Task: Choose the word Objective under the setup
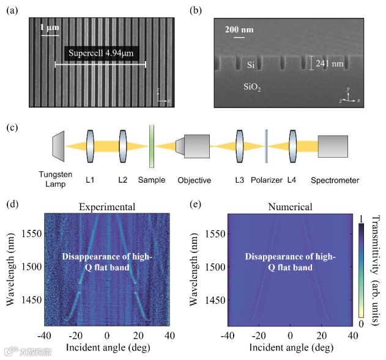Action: coord(194,180)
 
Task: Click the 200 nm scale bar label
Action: coord(237,29)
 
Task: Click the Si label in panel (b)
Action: coord(250,64)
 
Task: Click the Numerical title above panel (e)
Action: coord(290,207)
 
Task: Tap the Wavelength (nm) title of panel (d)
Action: coord(10,268)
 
